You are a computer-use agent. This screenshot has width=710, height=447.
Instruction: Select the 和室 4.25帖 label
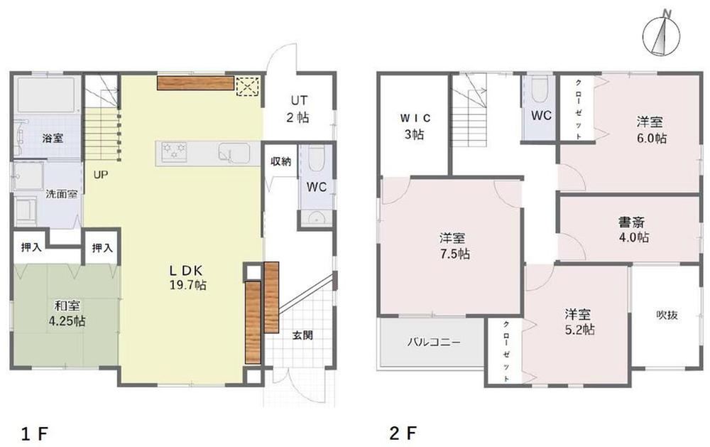click(67, 313)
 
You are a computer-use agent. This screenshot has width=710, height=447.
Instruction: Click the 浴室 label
click(53, 139)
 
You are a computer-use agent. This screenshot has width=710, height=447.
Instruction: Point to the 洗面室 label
click(62, 194)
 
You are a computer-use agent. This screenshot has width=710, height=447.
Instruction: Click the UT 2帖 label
click(298, 109)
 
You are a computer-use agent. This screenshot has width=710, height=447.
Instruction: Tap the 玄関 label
click(302, 335)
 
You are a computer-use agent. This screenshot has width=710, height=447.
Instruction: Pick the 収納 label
click(280, 161)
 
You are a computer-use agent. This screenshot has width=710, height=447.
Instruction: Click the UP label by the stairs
click(101, 174)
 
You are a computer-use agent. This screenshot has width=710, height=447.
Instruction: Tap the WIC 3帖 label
click(415, 126)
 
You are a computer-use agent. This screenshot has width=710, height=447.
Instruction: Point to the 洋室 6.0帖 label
click(651, 129)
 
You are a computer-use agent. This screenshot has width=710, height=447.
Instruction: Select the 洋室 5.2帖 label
click(579, 321)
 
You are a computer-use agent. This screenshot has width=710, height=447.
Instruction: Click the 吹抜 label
click(667, 315)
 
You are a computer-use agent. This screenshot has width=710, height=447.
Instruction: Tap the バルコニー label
click(433, 341)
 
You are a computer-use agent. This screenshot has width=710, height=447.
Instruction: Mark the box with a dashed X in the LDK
click(248, 86)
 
